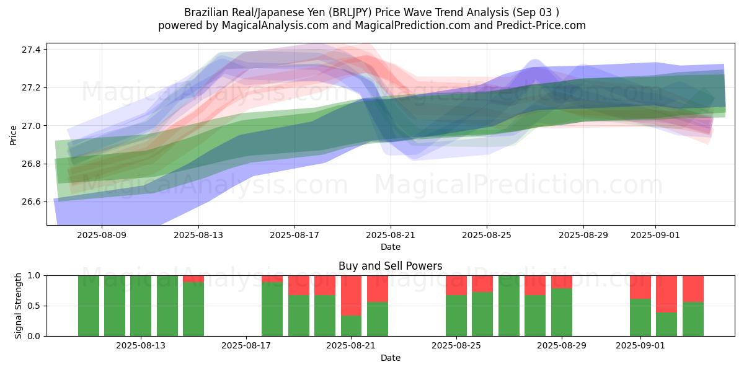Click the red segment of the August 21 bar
click(x=352, y=295)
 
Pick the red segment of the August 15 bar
click(x=193, y=278)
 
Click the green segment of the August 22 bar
click(x=378, y=319)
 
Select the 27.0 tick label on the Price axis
click(x=30, y=126)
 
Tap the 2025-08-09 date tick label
click(x=102, y=236)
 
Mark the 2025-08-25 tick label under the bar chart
click(x=456, y=346)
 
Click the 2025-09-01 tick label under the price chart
click(x=655, y=236)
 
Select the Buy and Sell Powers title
click(x=391, y=266)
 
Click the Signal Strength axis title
click(x=19, y=306)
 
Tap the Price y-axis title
click(x=14, y=135)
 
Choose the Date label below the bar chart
click(x=391, y=358)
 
